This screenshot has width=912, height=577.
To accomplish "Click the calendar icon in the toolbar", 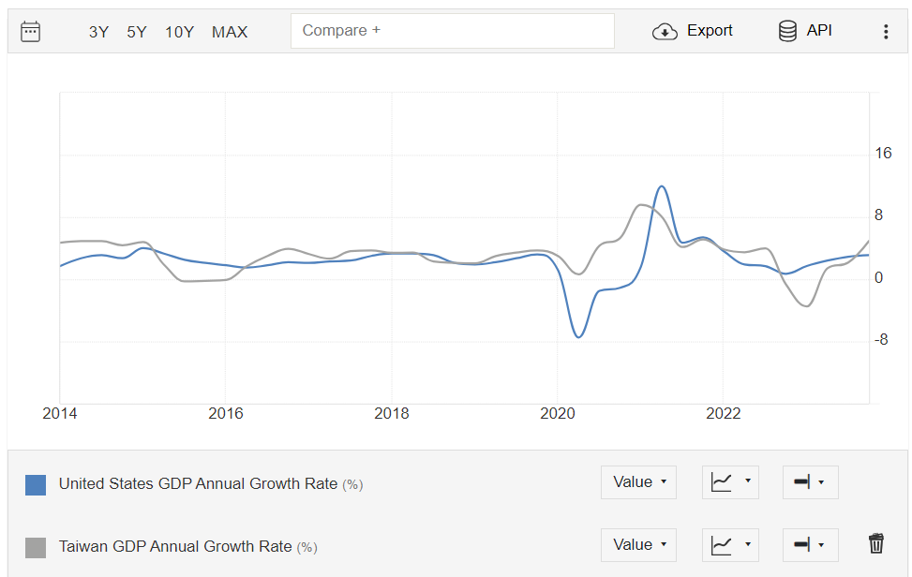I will pos(30,32).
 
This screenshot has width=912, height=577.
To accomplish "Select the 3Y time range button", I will pos(98,32).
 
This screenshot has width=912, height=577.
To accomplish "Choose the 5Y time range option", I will pos(137,32).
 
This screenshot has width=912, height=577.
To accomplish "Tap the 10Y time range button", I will pos(179,32).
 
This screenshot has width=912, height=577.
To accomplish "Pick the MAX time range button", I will pos(230,32).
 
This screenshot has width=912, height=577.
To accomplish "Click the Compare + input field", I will pos(452,31).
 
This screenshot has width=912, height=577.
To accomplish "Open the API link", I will pos(805,31).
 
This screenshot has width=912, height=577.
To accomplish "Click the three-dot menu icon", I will pos(886,32).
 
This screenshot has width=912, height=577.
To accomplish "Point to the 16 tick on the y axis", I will pos(883,154).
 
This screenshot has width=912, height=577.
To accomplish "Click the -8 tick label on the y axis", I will pos(881,340).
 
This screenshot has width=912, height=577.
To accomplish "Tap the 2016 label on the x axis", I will pos(225,414).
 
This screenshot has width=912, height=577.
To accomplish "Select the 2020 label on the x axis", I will pos(558,414).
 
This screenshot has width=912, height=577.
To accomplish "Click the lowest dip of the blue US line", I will pos(578,337).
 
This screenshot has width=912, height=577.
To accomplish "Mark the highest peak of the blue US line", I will pos(662,185).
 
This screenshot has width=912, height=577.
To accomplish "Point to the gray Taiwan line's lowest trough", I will pos(806,306).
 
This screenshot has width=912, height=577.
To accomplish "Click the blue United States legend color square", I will pos(36,484).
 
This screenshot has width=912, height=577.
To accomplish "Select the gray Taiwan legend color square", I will pos(36,547).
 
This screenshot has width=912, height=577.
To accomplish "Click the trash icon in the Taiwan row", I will pos(876,543).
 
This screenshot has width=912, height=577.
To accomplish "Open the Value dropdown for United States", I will pos(638,482).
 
